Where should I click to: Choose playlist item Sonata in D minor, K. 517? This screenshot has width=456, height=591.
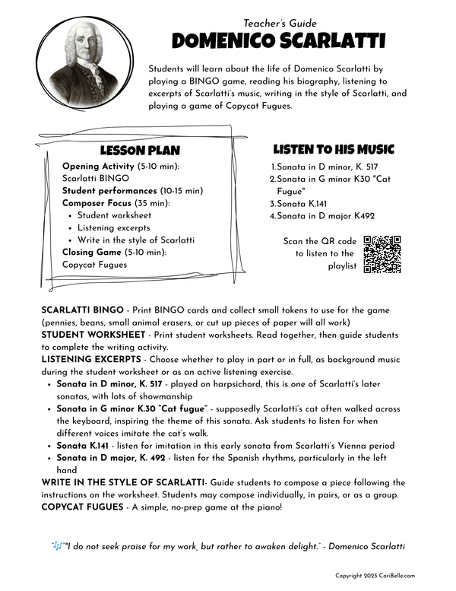pyautogui.click(x=328, y=167)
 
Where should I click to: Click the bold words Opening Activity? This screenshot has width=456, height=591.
pyautogui.click(x=94, y=166)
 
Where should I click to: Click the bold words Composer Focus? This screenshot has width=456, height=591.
pyautogui.click(x=96, y=203)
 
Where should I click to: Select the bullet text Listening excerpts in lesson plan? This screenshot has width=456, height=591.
pyautogui.click(x=113, y=227)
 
